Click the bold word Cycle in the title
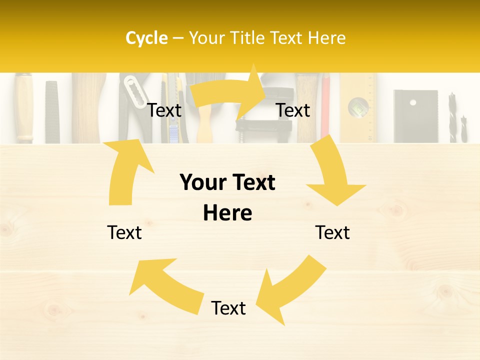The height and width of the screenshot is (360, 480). coord(146,38)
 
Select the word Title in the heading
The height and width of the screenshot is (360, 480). coord(248,38)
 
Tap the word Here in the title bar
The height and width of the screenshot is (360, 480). coord(326,38)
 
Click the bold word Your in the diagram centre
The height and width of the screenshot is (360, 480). coord(202,183)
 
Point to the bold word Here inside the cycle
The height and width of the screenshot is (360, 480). coord(227,213)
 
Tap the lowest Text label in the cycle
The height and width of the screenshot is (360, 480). coord(228,308)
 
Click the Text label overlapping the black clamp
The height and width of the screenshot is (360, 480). coord(293,110)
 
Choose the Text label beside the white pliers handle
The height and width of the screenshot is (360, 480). coord(164,110)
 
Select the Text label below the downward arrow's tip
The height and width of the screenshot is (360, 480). coord(332,233)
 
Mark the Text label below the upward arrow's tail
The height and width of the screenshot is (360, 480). coord(124,233)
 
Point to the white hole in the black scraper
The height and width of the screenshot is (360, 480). coord(412,102)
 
